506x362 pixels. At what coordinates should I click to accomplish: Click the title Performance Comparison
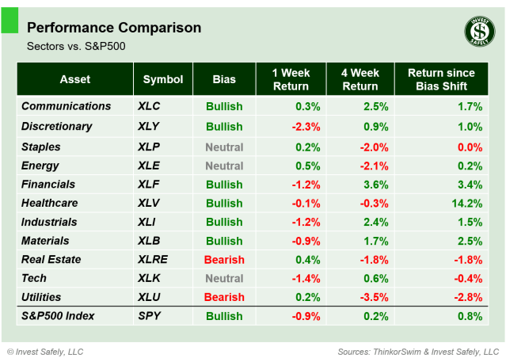(114, 29)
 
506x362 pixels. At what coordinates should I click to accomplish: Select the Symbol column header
(163, 79)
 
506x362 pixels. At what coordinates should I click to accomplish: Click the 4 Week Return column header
(360, 79)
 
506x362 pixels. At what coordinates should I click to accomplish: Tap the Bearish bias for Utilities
(224, 297)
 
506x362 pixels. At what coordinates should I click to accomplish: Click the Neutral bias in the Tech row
(224, 278)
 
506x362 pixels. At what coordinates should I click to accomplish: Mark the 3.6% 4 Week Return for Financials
(375, 185)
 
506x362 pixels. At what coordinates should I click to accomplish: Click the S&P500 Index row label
(58, 316)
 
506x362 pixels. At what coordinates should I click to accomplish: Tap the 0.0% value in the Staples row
(470, 147)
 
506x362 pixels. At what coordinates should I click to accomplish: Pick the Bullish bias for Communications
(224, 106)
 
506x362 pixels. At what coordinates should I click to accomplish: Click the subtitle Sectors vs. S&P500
(77, 46)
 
